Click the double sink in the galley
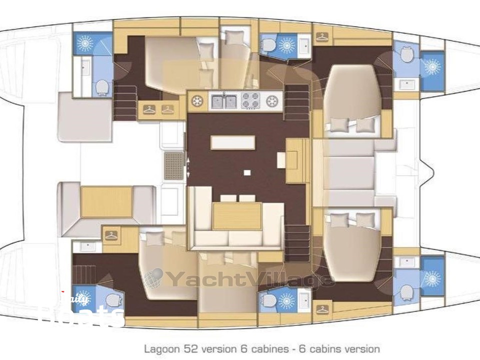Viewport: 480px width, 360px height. [x=224, y=101]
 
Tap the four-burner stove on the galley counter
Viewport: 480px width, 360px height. [x=250, y=101]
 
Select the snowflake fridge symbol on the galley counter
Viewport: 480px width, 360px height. [x=197, y=101]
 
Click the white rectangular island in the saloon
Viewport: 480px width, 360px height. [x=232, y=142]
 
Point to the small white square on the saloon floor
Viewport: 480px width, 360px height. [x=246, y=172]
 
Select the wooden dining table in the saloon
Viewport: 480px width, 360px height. [x=237, y=215]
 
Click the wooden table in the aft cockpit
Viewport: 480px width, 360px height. [x=106, y=201]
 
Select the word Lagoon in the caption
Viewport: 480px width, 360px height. [x=159, y=348]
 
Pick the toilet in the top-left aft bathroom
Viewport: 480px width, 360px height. [x=102, y=87]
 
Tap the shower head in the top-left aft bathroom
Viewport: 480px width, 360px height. [x=84, y=43]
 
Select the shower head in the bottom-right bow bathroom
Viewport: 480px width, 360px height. [x=431, y=278]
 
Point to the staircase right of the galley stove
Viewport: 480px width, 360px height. [x=297, y=102]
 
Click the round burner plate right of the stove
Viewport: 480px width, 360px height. [x=272, y=101]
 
